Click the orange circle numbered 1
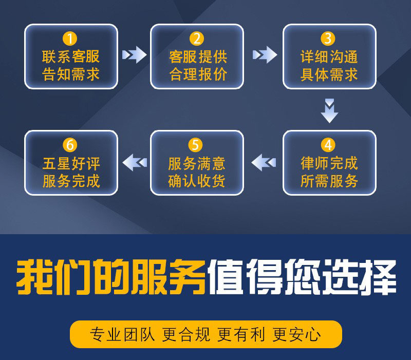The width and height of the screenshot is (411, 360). pos(70,38)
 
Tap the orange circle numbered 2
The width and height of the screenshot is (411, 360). pos(196,38)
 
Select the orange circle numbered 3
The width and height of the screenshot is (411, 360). pos(328,38)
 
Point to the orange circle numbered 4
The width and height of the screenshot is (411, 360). pos(328,144)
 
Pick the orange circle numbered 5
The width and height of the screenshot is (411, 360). pos(196,144)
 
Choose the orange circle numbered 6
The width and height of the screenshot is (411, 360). pos(70,144)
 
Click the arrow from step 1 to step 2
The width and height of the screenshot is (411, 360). pos(134,54)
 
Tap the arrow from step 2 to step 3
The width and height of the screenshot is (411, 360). pos(264,54)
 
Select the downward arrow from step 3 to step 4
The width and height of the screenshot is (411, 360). pos(329,110)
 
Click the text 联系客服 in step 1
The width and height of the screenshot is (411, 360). pos(71,56)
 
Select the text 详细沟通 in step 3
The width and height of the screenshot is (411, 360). pos(329,56)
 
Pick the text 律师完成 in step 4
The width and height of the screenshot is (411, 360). pos(329,163)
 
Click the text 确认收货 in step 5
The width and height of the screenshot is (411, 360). pos(197,181)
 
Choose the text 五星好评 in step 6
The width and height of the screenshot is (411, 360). pos(71,163)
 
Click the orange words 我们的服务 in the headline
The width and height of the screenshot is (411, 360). pos(110,278)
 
